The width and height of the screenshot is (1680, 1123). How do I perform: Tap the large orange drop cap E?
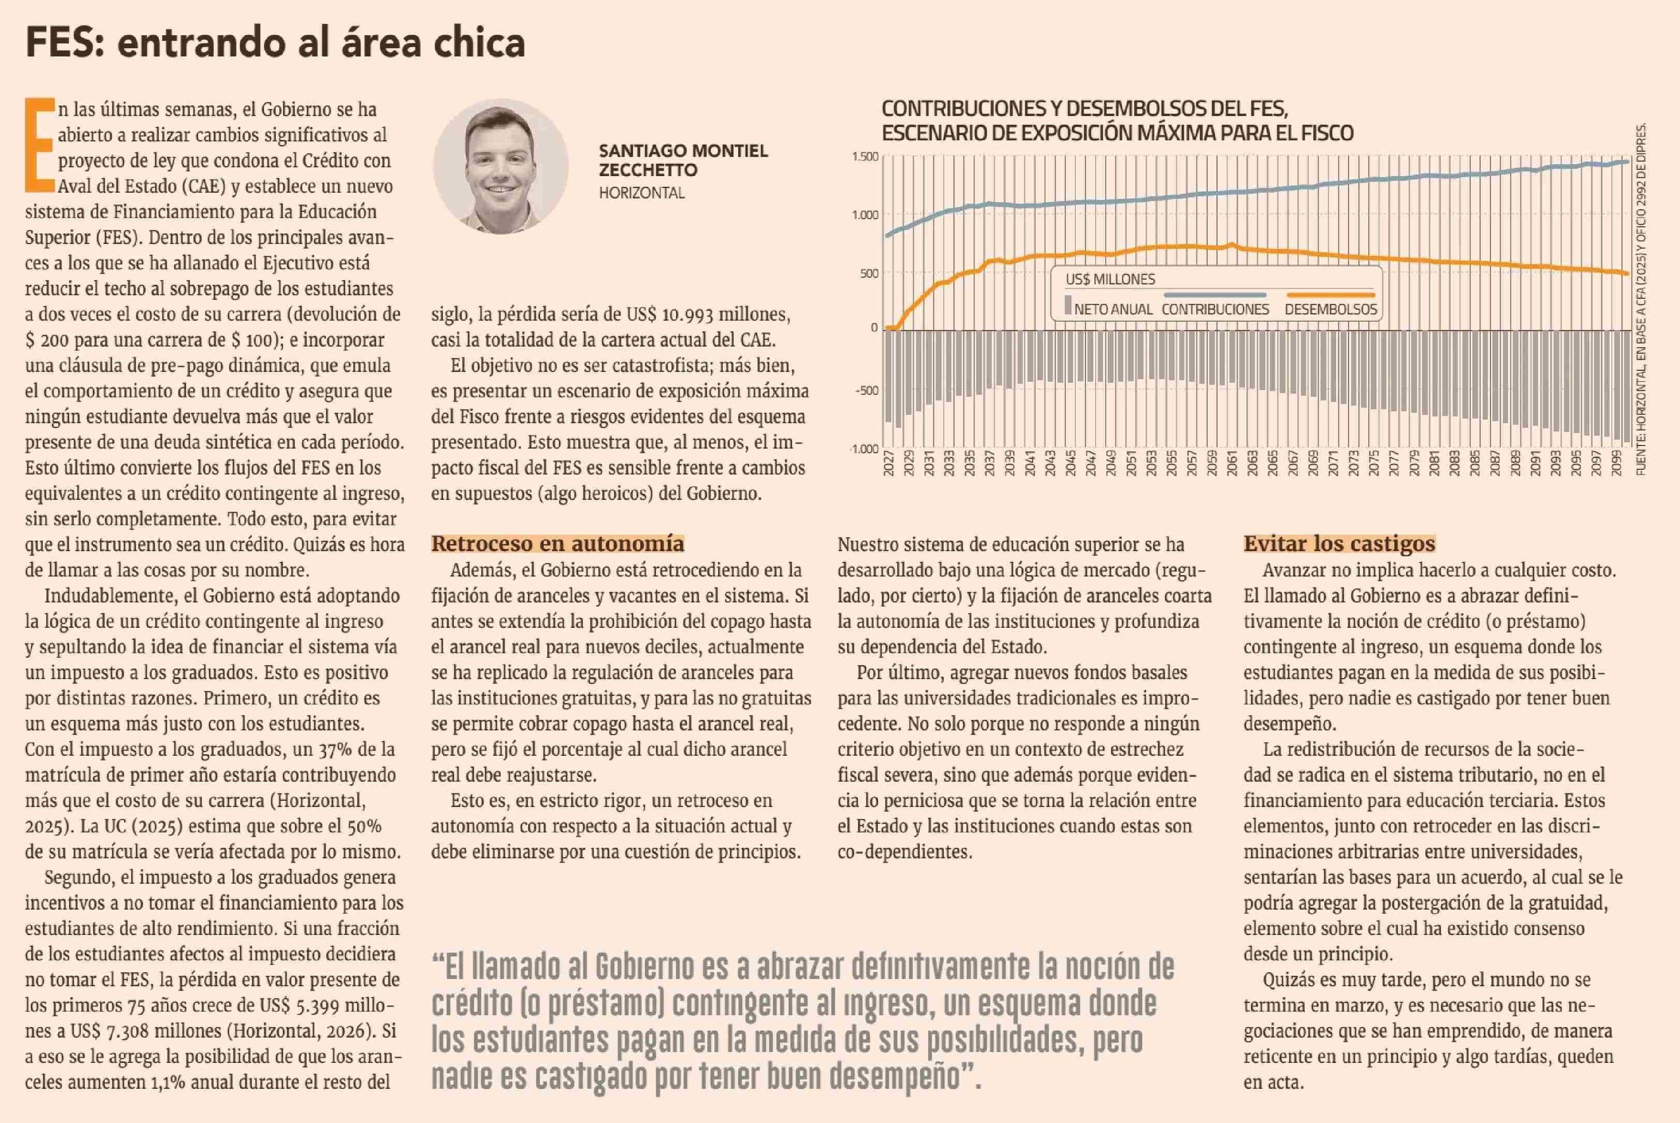pos(40,146)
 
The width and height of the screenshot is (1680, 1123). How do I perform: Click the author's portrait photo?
pos(501,167)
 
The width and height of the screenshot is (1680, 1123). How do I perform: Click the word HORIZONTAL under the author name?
pos(642,193)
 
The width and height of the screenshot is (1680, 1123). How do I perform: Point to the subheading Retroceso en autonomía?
pos(557,543)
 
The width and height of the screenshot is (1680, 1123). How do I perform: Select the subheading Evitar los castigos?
pos(1339,543)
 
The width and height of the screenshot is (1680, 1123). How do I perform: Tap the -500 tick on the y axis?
pos(866,391)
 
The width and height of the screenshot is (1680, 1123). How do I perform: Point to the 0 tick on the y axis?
pos(874,327)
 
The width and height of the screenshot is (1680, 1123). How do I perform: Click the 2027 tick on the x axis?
pos(889,463)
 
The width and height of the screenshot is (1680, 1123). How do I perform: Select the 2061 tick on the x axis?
pos(1232,463)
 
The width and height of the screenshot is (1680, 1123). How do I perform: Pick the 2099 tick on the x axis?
pos(1616,463)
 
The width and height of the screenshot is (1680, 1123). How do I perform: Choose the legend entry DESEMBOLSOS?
pos(1330,309)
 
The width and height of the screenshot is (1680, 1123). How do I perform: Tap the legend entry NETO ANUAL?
pos(1112,309)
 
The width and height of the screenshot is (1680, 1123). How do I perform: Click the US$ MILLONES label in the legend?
pos(1110,279)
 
